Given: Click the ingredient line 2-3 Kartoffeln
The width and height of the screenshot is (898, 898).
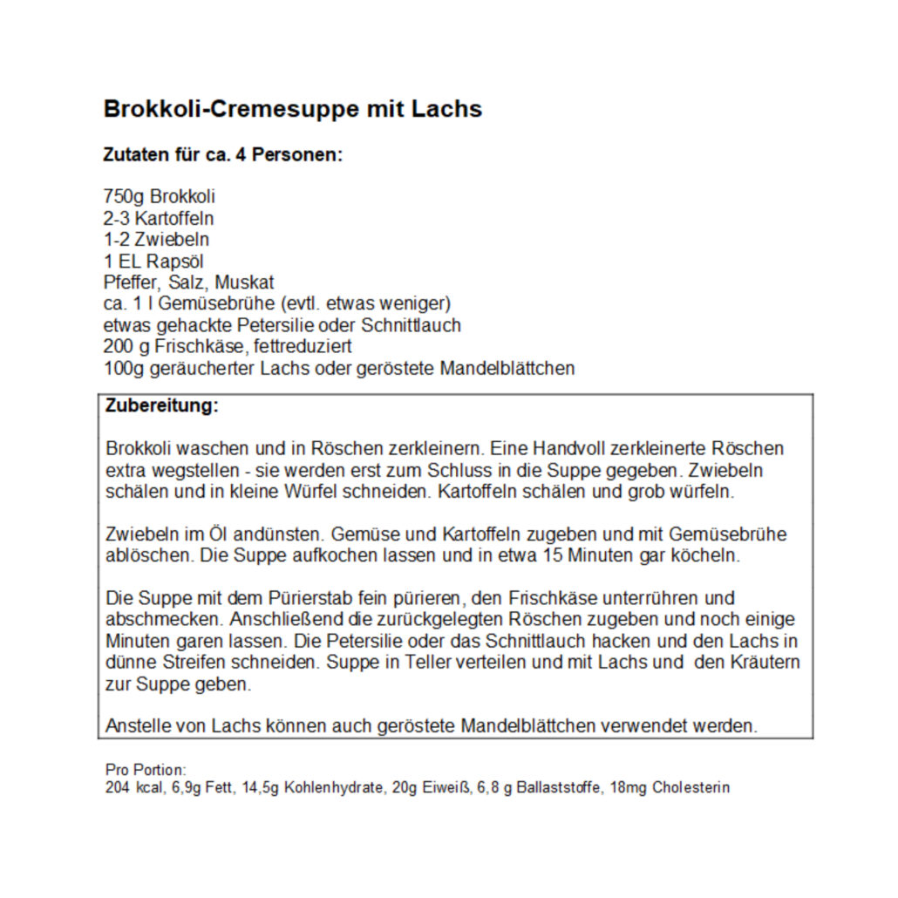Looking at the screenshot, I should [158, 218].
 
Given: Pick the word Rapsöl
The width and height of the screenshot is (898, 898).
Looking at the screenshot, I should [187, 261].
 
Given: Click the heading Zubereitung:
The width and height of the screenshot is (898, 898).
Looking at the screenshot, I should [162, 406].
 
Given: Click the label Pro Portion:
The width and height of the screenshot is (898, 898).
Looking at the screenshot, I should [146, 771].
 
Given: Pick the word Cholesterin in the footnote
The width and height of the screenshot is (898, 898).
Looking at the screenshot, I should [691, 788].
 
